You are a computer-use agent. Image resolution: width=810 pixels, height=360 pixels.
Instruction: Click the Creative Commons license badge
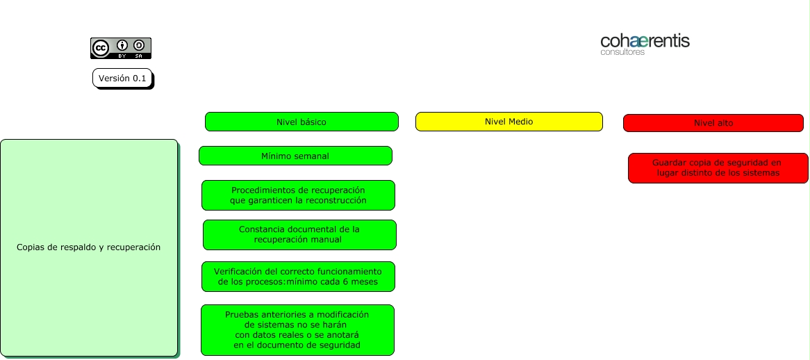pos(120,48)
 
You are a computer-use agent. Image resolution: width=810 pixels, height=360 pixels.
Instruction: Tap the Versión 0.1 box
pos(122,79)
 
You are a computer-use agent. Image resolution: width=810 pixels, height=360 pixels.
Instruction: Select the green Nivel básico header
pos(301,122)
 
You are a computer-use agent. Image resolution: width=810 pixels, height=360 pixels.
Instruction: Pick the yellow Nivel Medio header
pos(509,122)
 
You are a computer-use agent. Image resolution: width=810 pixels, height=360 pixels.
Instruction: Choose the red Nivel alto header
pos(713,123)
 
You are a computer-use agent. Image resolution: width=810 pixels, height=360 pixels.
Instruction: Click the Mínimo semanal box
pos(295,156)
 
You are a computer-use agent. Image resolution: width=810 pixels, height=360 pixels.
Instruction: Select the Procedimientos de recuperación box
pos(298,195)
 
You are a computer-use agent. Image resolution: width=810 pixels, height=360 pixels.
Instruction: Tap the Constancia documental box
pos(299,235)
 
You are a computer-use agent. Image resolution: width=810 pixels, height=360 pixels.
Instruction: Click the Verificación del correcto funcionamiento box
pos(298,277)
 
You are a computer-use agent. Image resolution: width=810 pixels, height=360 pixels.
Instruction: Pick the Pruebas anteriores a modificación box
pos(297,330)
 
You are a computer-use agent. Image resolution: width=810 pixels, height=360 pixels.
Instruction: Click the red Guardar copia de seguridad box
pos(718,168)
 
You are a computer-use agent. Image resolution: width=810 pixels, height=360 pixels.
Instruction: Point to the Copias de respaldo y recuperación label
pos(89,247)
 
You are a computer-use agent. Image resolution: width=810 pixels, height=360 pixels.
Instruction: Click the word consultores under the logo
pos(622,52)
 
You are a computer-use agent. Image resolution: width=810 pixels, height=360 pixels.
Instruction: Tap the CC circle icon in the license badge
pos(101,47)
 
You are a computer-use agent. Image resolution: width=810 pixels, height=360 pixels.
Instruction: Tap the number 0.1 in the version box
pos(139,79)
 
